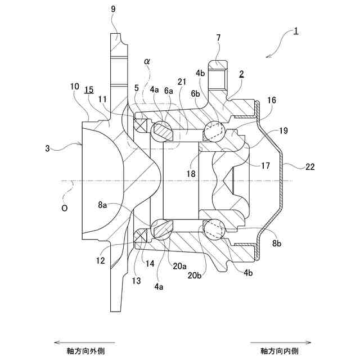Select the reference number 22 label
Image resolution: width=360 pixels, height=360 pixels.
tap(310, 167)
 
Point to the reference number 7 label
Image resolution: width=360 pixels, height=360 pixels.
tap(218, 38)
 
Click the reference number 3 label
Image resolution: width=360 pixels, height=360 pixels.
tap(48, 149)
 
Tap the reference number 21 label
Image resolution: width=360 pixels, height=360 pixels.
tap(181, 82)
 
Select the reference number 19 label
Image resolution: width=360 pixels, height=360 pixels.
tap(283, 130)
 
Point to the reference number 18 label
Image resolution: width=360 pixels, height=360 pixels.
tap(191, 174)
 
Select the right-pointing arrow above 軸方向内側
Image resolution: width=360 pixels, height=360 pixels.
tap(282, 341)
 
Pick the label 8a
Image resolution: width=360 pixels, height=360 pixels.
tap(102, 206)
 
